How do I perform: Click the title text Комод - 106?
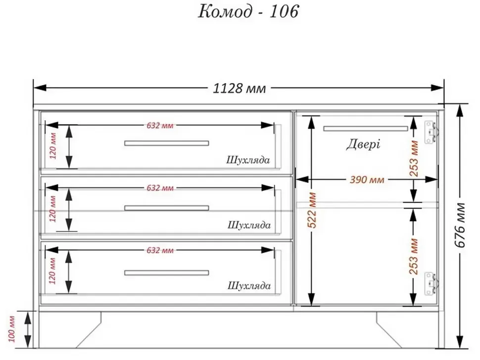248,12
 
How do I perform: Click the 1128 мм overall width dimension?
240,88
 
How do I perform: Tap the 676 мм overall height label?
460,225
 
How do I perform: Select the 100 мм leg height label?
11,329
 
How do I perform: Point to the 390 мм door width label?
367,180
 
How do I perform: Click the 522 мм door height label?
312,210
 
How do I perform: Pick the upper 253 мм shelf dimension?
414,158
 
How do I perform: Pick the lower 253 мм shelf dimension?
413,256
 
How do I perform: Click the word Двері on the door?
363,144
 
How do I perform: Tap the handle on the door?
366,129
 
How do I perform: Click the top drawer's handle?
167,143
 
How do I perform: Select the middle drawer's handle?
167,208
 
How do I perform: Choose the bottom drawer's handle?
167,273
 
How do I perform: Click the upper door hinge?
431,132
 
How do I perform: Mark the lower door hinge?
431,284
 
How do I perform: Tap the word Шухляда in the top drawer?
248,160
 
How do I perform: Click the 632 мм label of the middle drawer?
160,188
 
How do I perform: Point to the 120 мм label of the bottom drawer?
52,271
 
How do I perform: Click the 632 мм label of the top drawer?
160,126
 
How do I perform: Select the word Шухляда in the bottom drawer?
249,286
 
